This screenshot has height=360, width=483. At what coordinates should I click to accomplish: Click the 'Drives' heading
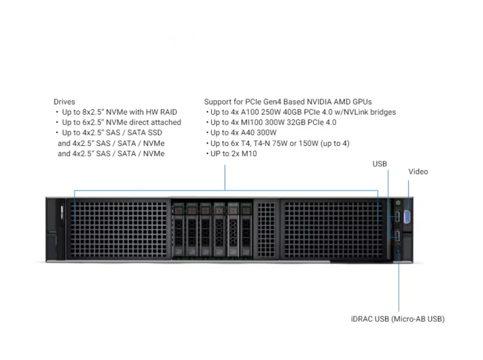(x=65, y=101)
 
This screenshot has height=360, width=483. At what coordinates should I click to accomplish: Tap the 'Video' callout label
(x=418, y=172)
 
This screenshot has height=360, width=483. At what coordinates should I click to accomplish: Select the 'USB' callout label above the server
(x=379, y=164)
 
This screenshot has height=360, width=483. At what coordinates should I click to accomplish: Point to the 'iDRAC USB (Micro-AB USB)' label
(x=397, y=319)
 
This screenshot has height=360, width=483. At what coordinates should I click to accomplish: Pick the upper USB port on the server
(x=397, y=217)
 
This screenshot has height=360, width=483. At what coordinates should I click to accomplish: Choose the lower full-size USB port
(x=397, y=235)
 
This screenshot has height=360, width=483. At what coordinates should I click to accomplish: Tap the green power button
(x=398, y=202)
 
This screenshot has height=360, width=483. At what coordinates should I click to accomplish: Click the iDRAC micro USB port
(x=398, y=249)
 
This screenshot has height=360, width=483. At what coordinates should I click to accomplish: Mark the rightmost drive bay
(x=247, y=230)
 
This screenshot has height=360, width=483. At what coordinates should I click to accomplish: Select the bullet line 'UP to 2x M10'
(x=233, y=154)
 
